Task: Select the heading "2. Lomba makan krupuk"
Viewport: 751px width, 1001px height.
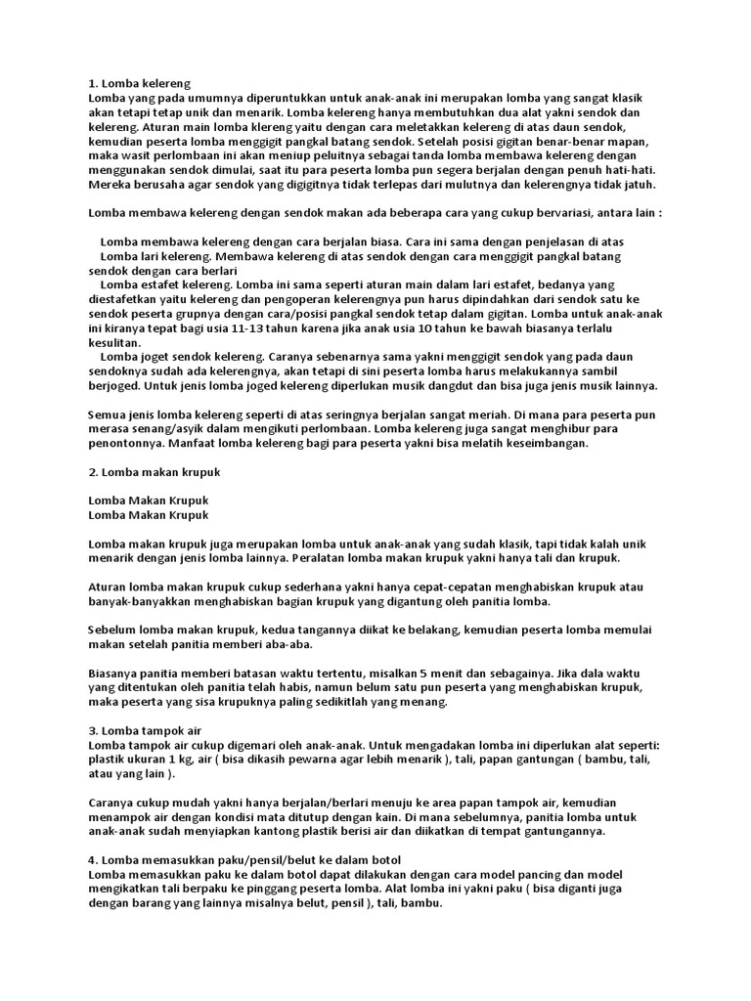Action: tap(155, 472)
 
